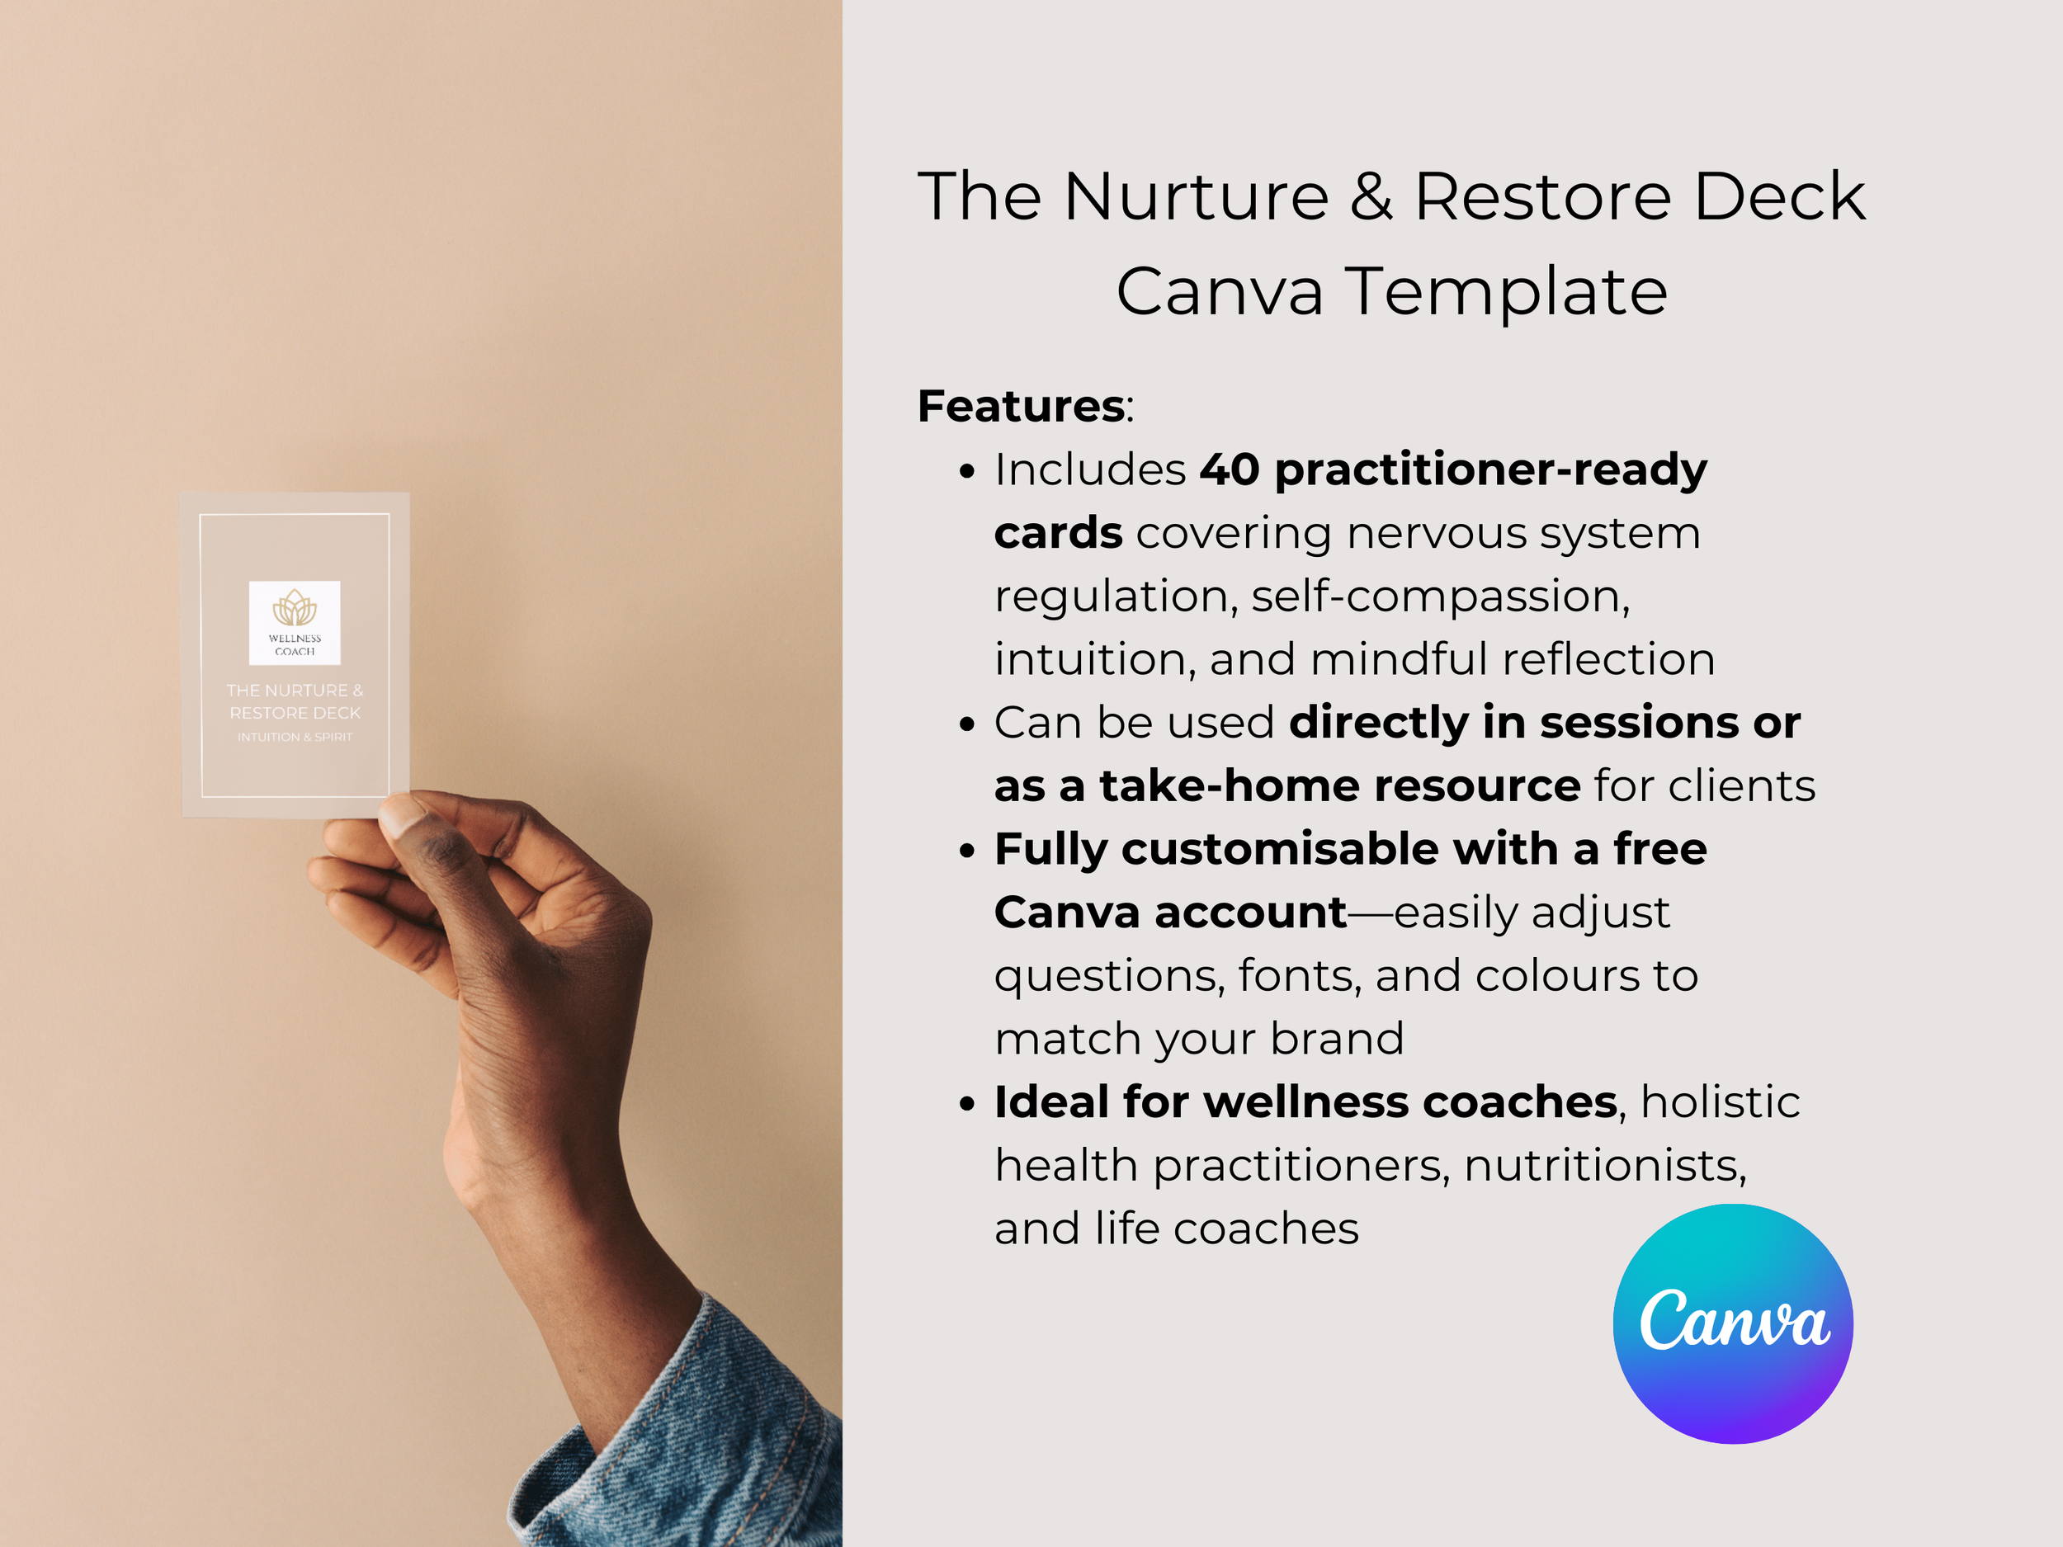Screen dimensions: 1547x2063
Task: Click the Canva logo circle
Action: click(1733, 1324)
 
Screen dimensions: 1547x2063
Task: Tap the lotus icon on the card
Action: click(295, 608)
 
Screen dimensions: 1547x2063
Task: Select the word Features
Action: click(1022, 407)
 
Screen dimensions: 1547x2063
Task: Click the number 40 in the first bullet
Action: click(1230, 469)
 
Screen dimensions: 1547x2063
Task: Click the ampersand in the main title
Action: click(1371, 198)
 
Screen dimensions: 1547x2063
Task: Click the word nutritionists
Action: click(1605, 1167)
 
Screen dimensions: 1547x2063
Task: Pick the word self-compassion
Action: click(1440, 597)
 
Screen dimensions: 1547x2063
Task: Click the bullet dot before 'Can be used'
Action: click(967, 724)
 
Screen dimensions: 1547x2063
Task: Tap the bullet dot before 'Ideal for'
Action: click(967, 1104)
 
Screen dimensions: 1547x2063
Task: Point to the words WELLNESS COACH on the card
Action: click(295, 645)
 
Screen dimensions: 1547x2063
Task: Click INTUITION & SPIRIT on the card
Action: click(295, 738)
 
